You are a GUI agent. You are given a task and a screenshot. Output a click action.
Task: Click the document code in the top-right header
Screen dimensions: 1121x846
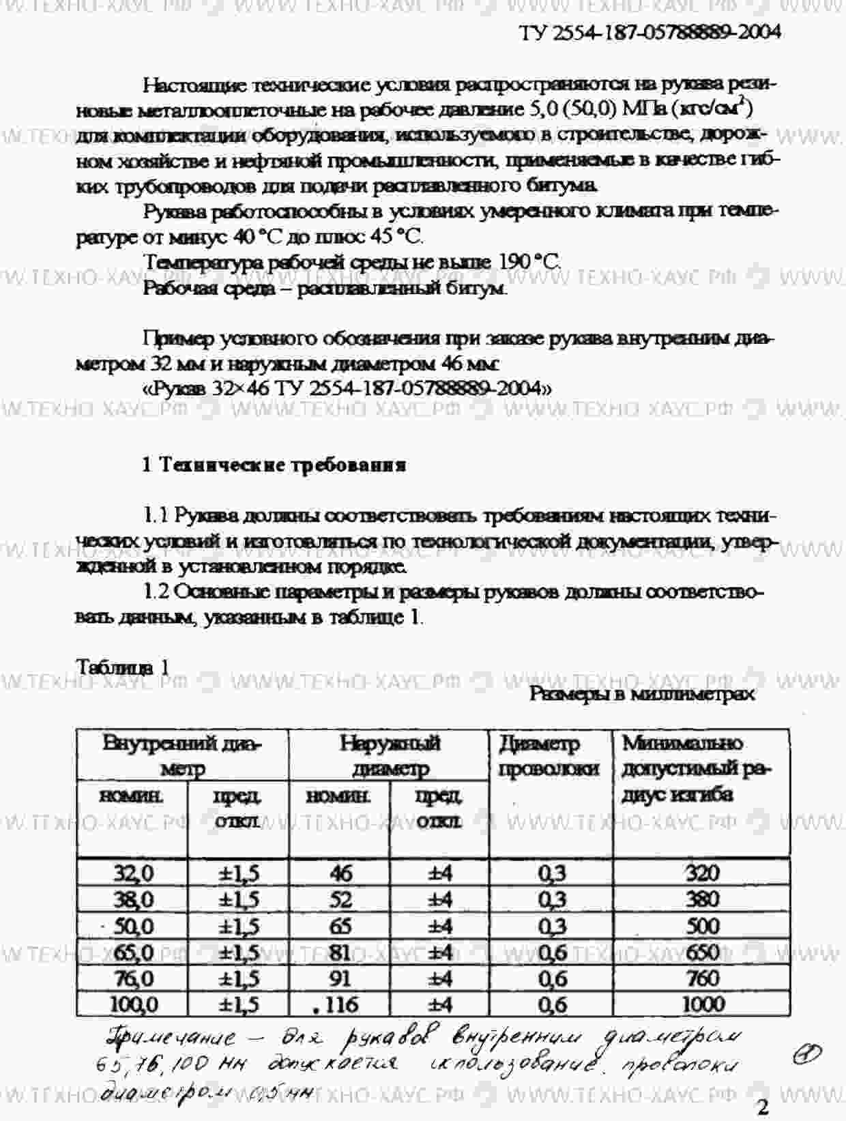[x=650, y=33]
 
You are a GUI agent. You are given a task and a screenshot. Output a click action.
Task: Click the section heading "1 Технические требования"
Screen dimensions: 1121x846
[x=274, y=465]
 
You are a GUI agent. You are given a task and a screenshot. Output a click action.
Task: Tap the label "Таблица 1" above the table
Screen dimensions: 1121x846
[x=123, y=667]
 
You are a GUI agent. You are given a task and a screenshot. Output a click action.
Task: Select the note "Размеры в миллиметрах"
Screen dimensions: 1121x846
[x=642, y=694]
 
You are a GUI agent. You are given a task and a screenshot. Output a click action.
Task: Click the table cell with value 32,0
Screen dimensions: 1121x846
[x=134, y=873]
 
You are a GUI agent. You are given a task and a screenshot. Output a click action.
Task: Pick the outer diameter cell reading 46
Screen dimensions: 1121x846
[x=340, y=873]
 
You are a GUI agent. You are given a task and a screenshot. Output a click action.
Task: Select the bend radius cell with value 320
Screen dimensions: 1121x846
[x=701, y=873]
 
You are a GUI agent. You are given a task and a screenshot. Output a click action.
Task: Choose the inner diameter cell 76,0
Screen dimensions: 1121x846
[x=134, y=978]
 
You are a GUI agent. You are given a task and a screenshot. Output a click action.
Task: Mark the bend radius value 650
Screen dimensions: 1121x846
[x=701, y=952]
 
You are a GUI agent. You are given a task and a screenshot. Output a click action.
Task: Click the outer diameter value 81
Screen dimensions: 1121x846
[x=340, y=952]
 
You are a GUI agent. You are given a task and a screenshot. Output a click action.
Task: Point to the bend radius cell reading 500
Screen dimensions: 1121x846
[x=701, y=926]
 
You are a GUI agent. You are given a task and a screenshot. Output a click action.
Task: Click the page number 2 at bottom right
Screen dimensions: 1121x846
[x=763, y=1107]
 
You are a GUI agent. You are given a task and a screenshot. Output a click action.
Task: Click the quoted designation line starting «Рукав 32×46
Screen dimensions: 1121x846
[x=347, y=389]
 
